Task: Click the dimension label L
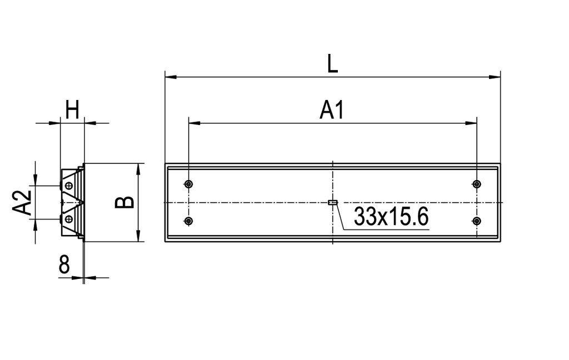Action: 332,64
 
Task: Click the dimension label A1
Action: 332,111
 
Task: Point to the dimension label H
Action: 72,110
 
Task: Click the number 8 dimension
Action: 64,266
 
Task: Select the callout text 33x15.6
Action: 391,217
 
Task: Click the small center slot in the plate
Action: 332,202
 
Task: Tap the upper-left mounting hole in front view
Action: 189,184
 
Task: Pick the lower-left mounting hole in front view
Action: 189,221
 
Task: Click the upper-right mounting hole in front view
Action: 476,184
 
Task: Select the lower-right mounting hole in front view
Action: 476,221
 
